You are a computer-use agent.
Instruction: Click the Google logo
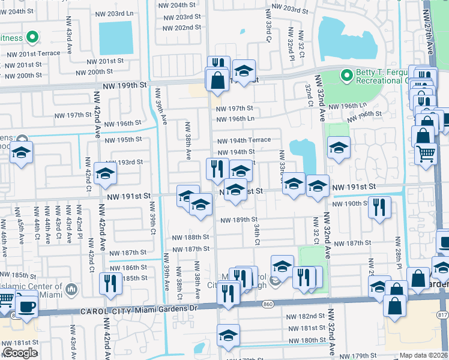coord(20,352)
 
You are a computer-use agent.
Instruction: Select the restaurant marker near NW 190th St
coord(379,207)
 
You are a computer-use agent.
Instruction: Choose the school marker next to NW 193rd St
coord(106,173)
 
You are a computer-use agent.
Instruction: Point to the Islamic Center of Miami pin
coord(71,290)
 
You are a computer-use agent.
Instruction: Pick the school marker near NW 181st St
coord(229,337)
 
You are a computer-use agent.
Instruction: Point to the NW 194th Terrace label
coord(244,140)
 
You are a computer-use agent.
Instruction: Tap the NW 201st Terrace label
coord(34,53)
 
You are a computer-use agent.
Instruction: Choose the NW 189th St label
coord(239,220)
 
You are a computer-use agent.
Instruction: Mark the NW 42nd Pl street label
coord(79,220)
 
